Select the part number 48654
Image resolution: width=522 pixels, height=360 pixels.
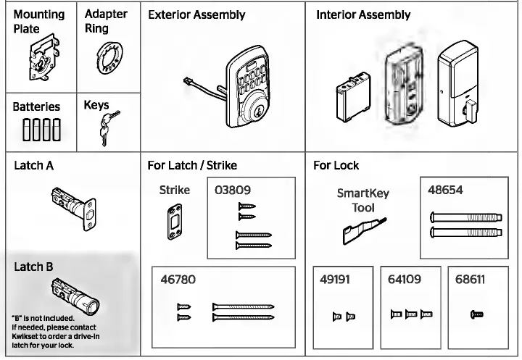(x=446, y=191)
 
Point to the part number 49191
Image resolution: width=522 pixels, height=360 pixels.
(x=336, y=279)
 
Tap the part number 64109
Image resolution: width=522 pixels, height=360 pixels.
(x=405, y=279)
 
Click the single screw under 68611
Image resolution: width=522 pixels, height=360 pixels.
(x=476, y=314)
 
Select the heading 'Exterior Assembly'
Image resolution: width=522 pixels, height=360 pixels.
(x=196, y=14)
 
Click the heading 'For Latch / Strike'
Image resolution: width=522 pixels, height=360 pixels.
(x=191, y=165)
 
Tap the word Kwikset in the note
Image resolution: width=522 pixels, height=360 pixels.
(x=26, y=337)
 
